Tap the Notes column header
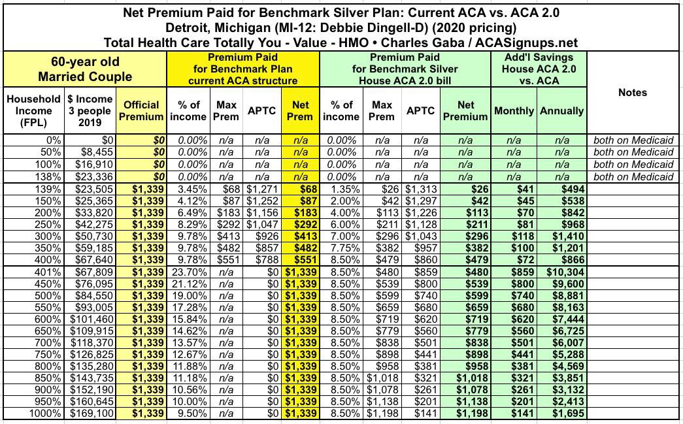(x=633, y=92)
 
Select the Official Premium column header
(x=141, y=110)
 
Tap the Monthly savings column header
(x=514, y=110)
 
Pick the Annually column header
(x=561, y=110)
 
